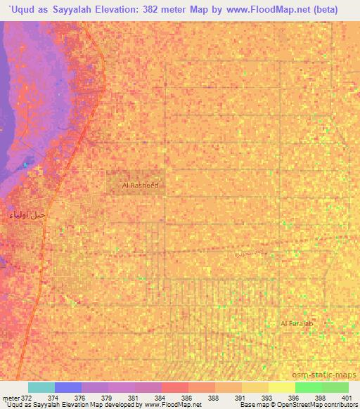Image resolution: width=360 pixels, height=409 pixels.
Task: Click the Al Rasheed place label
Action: (140, 185)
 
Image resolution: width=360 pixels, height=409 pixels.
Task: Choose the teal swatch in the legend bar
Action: (41, 387)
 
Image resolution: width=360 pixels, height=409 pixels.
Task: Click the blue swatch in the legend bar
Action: (67, 387)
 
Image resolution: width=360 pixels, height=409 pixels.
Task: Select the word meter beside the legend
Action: (10, 397)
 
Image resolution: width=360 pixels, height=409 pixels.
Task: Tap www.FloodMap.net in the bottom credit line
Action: (172, 405)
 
